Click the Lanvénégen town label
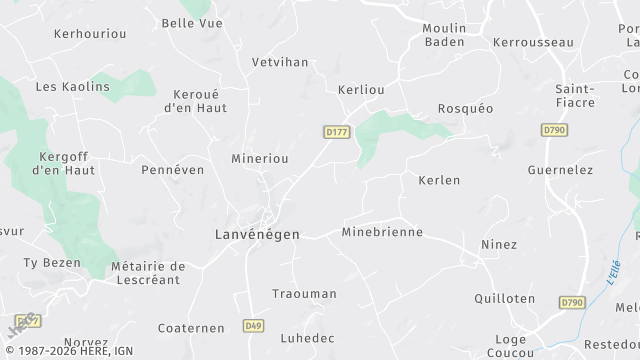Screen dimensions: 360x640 coord(257,234)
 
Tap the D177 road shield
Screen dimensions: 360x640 coord(335,132)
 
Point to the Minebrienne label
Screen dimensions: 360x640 coord(382,232)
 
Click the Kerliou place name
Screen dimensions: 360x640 coord(361,89)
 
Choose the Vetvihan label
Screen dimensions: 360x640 coord(279,61)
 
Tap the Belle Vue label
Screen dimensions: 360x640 coord(191,22)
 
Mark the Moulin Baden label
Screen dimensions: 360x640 coord(445,35)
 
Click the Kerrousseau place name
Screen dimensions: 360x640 coord(533,42)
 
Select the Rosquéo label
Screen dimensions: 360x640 coord(465,108)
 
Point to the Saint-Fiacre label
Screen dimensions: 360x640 coord(575,95)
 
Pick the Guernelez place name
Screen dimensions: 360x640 coord(560,170)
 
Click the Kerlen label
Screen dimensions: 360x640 coord(439,180)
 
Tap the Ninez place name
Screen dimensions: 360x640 coord(499,244)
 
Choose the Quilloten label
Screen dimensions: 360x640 coord(504,298)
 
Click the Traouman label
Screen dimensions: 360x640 coord(304,294)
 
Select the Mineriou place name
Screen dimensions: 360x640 coord(260,158)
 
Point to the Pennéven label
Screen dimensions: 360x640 coord(172,170)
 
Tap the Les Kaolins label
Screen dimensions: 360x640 coord(72,87)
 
